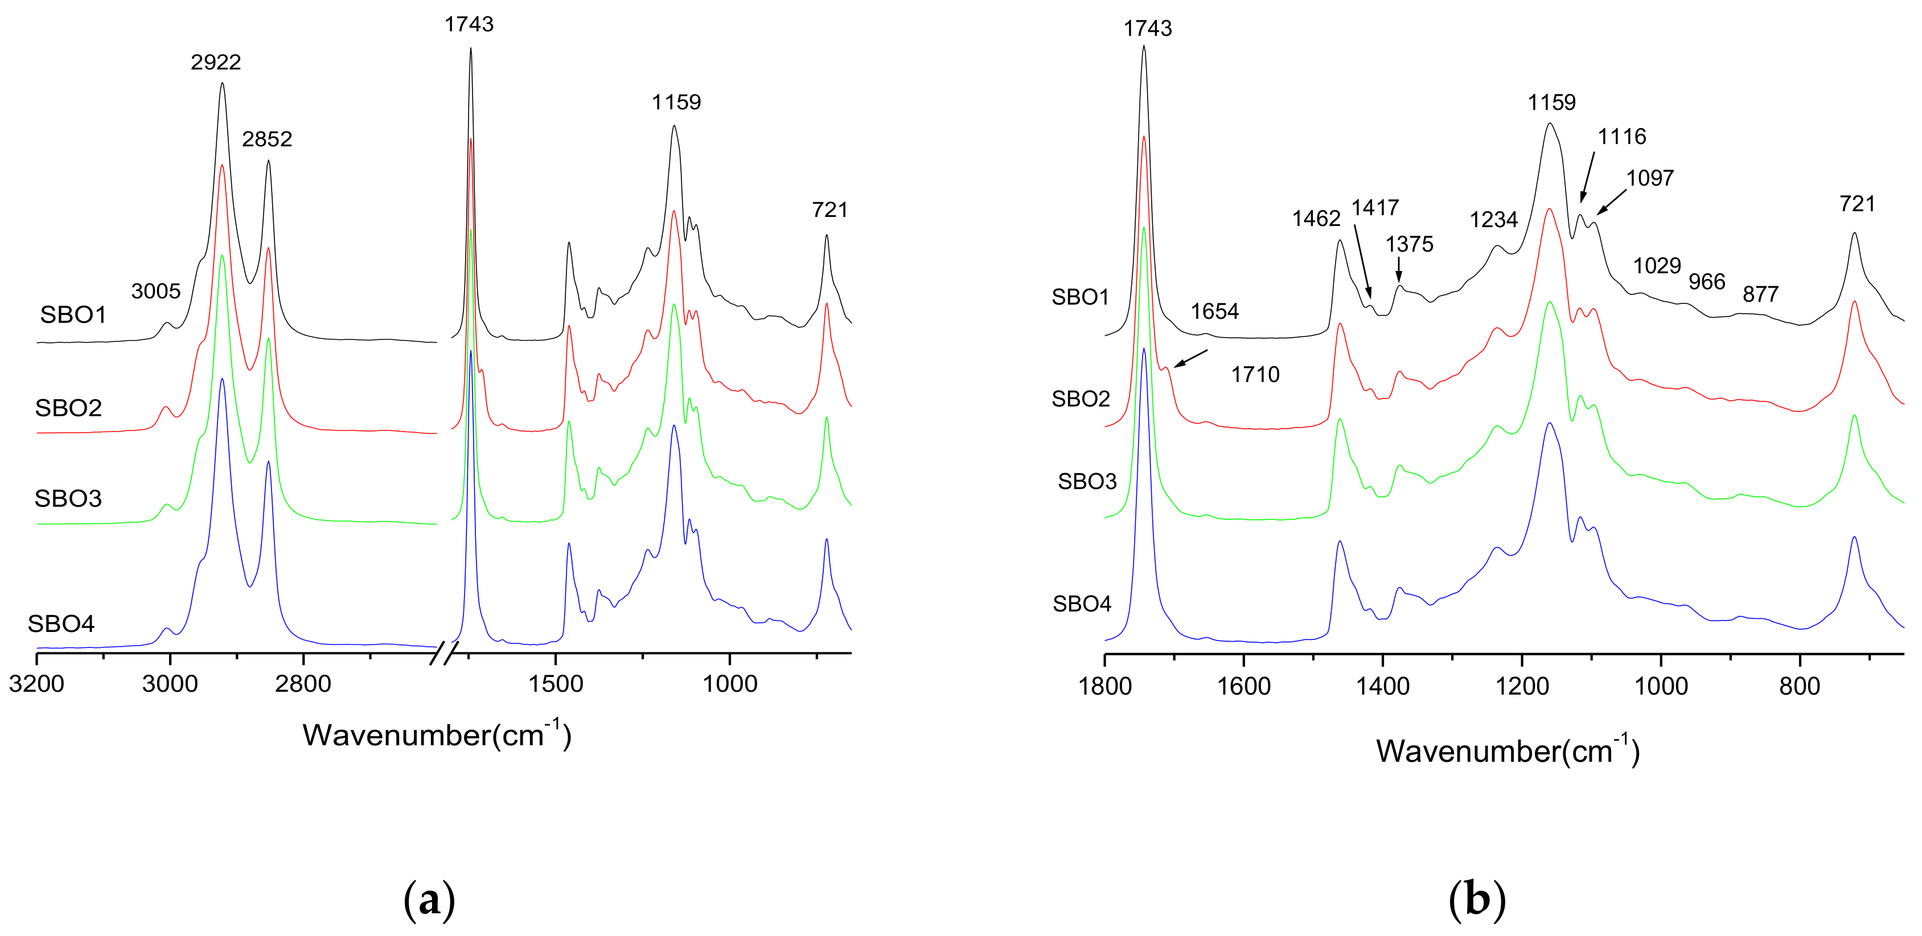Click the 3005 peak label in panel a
tap(156, 291)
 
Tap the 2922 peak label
tap(216, 62)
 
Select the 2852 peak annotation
tap(267, 139)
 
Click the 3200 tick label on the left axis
tap(36, 684)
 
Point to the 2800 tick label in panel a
tap(303, 684)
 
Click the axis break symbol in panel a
tap(445, 653)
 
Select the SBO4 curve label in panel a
tap(61, 623)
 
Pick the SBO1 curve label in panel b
tap(1081, 297)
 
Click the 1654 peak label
tap(1215, 311)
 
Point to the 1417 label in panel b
tap(1375, 207)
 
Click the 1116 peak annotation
tap(1622, 137)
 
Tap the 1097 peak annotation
tap(1650, 178)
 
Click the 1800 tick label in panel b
tap(1105, 686)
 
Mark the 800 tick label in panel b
tap(1800, 686)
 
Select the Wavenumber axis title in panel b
tap(1507, 751)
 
